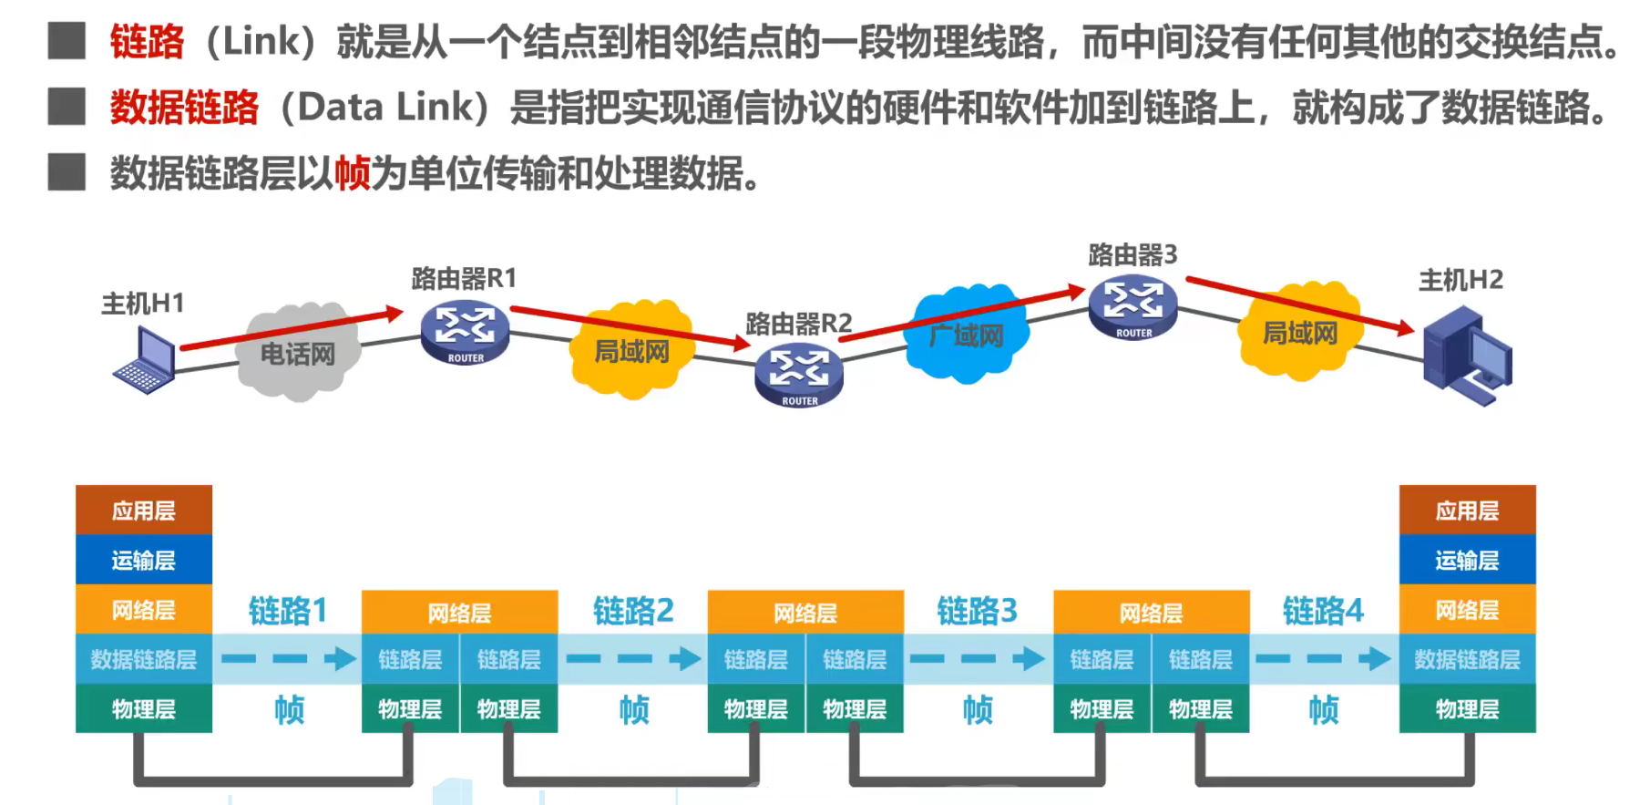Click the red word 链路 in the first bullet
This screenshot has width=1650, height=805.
pos(147,42)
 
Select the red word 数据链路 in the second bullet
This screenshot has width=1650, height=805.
pos(184,108)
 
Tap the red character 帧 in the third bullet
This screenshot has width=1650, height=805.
pos(352,173)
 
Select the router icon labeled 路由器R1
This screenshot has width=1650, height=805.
pos(465,332)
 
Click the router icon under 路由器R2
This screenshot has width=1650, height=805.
pos(799,376)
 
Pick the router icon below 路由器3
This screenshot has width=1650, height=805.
pos(1132,308)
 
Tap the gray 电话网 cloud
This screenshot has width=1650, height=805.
pos(298,354)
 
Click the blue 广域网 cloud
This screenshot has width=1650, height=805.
pos(966,335)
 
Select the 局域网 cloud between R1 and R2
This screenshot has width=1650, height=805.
pos(631,350)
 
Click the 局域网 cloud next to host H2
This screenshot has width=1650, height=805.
pos(1299,333)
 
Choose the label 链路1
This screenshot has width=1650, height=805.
pos(287,610)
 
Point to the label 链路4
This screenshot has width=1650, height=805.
pos(1323,610)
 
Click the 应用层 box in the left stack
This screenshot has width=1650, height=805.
pos(144,511)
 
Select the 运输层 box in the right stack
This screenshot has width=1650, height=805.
pos(1467,560)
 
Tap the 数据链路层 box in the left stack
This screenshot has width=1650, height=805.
pos(144,659)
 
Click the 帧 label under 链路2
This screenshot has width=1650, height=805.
pos(634,709)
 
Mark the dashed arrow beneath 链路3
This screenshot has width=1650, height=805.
pos(978,658)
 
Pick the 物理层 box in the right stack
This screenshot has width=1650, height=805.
pos(1467,709)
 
